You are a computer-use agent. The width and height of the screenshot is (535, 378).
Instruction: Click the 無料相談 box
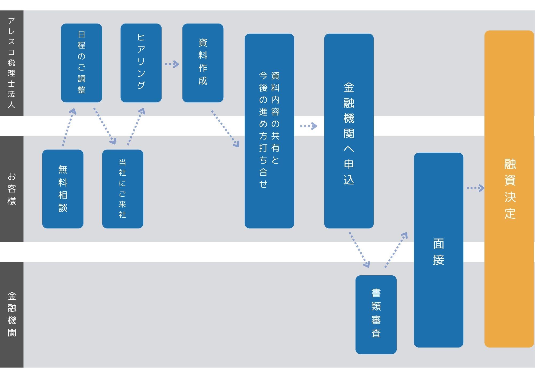(63, 189)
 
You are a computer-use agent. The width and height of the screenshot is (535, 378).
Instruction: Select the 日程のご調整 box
(81, 63)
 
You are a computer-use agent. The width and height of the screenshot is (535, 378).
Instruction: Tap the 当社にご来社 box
(123, 189)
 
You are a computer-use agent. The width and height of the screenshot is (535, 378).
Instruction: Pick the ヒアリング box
(141, 63)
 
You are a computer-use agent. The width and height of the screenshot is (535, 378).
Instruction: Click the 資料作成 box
(203, 63)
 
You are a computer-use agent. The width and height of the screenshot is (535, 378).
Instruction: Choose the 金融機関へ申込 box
(349, 131)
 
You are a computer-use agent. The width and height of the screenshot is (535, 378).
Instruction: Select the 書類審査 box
(376, 315)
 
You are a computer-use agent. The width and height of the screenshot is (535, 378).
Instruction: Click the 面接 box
(438, 250)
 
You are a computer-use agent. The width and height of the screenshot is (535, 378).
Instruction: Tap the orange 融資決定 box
(509, 189)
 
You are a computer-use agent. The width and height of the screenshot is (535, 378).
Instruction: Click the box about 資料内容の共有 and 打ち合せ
(269, 131)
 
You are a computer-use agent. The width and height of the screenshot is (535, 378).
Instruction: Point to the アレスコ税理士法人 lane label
(12, 63)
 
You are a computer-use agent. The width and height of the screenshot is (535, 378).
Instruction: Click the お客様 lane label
(12, 189)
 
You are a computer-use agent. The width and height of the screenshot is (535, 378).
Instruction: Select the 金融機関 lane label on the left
(12, 315)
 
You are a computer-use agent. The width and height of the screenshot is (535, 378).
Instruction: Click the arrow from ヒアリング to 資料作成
(172, 64)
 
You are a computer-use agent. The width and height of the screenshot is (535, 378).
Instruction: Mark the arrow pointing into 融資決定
(475, 188)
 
